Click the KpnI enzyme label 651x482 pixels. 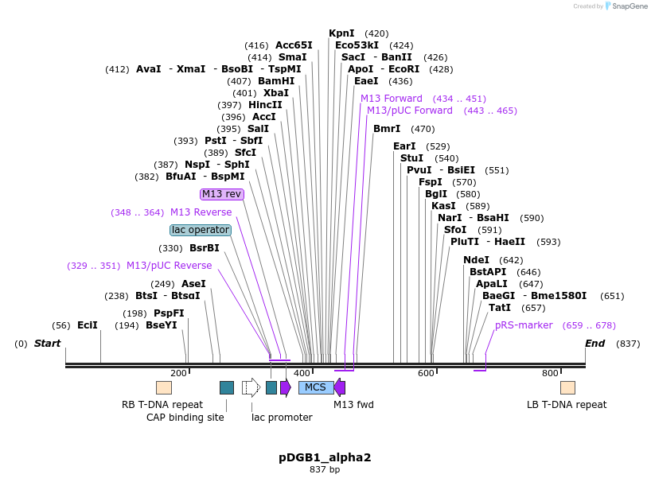(x=341, y=33)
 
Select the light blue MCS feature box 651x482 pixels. (x=315, y=387)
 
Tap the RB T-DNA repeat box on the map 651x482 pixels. (x=163, y=387)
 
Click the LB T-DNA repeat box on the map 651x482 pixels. (x=567, y=387)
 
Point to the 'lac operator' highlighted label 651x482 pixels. (x=201, y=230)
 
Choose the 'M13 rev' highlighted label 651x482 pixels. (x=222, y=194)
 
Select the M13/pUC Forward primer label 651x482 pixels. (x=409, y=111)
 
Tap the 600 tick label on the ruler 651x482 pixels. (x=426, y=373)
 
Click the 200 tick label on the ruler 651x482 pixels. (x=178, y=373)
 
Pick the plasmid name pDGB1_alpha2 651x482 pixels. (x=325, y=457)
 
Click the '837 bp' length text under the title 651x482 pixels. (x=325, y=470)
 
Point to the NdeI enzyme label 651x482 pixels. (x=476, y=260)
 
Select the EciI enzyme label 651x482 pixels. (x=87, y=325)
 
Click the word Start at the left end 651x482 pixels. (x=47, y=344)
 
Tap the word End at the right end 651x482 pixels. (x=594, y=344)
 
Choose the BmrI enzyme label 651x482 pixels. (x=387, y=129)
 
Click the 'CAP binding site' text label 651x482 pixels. (x=185, y=417)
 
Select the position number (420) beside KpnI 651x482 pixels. (x=376, y=33)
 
